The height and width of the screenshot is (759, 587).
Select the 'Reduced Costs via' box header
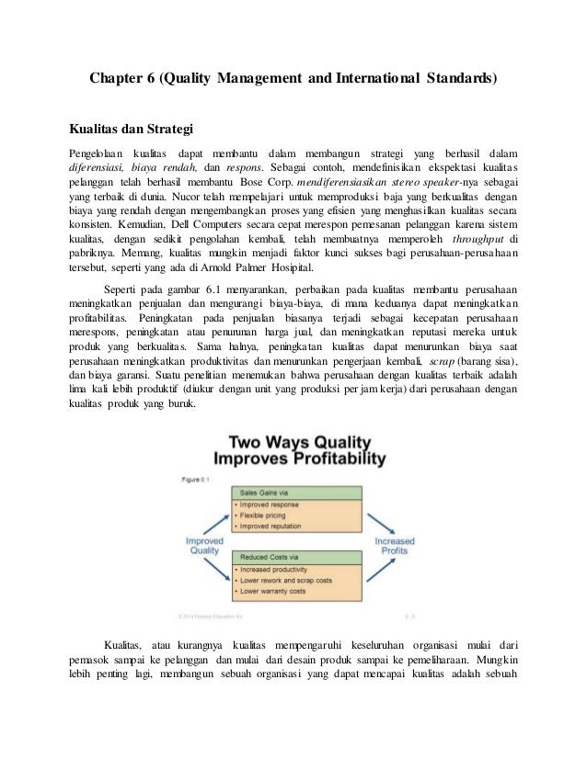coord(268,556)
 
